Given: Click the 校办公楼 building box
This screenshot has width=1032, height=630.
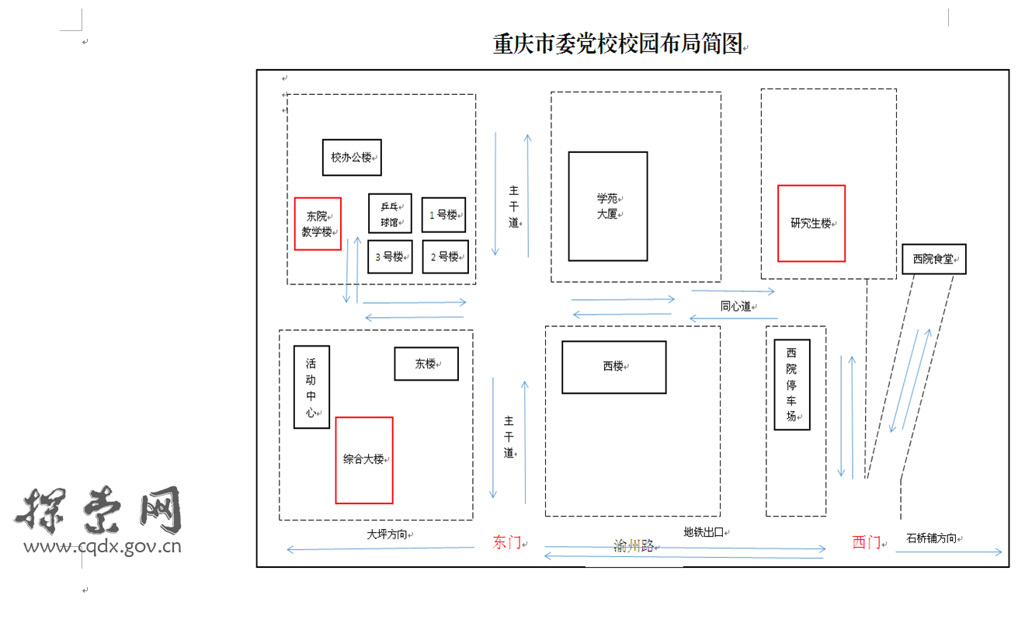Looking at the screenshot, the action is (352, 158).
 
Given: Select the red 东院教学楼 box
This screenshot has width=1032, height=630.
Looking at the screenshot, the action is (318, 224).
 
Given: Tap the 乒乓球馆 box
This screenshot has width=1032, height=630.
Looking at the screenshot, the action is (391, 214).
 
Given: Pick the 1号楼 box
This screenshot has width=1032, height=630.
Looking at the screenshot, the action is (443, 214).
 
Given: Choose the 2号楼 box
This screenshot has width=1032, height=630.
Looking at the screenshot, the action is (446, 256).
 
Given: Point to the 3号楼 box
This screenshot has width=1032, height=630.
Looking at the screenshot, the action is (391, 256).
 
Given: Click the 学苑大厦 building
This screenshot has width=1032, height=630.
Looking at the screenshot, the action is (608, 207).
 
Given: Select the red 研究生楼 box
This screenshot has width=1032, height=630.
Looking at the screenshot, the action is (811, 224).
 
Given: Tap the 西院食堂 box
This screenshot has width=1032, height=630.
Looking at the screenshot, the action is (934, 259).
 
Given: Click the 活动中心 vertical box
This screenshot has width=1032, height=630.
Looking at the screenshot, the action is (312, 387).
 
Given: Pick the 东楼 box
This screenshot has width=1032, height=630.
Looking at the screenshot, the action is (426, 364).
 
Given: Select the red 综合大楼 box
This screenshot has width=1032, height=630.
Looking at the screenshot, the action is (364, 461).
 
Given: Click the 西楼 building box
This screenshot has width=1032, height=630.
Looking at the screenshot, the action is (614, 367).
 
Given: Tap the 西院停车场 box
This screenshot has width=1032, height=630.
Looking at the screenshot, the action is (792, 385).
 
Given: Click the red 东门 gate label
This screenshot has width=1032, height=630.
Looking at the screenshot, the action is (507, 542).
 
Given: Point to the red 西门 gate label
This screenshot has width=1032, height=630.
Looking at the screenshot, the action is (867, 542).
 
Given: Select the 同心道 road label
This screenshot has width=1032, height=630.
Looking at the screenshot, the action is (736, 306).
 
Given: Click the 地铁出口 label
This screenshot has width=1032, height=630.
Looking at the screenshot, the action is (704, 532).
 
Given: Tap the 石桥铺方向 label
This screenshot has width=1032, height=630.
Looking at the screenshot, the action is (932, 538).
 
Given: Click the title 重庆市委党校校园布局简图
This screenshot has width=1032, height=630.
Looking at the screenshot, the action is (618, 44).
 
